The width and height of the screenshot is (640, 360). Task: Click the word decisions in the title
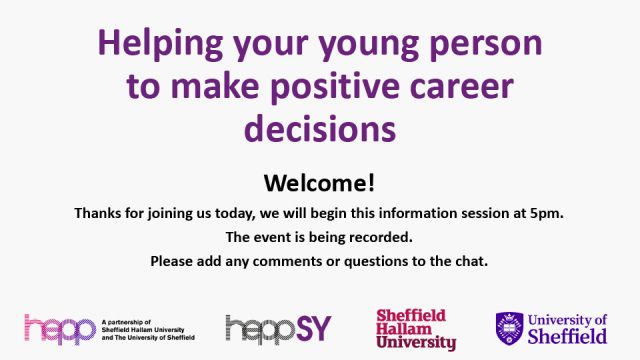319,130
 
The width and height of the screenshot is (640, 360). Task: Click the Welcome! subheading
319,183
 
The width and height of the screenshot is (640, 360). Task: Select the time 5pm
546,213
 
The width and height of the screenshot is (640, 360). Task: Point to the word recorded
384,237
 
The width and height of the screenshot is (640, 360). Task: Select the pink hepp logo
59,327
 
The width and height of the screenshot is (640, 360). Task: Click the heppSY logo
278,327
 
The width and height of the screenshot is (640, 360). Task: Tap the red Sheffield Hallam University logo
415,329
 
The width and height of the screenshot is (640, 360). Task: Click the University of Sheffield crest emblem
509,327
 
